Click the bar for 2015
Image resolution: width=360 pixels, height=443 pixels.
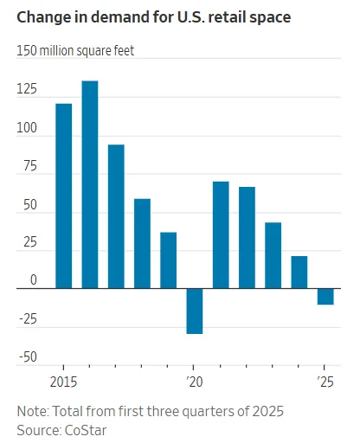(63, 196)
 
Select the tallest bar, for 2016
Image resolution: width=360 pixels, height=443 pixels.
(90, 184)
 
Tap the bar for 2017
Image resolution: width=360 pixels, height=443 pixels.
(116, 216)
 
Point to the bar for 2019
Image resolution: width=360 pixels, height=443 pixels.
(168, 260)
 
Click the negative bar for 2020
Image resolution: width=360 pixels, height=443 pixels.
(195, 311)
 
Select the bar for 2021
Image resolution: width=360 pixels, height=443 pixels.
(221, 234)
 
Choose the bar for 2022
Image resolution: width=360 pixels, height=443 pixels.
(247, 237)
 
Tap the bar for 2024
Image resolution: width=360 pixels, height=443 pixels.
(299, 272)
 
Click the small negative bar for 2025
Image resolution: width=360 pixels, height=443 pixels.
(325, 296)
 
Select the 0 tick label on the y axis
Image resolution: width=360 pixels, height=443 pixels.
(34, 280)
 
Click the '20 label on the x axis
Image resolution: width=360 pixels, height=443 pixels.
(194, 382)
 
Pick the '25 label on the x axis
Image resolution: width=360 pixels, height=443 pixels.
(325, 382)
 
